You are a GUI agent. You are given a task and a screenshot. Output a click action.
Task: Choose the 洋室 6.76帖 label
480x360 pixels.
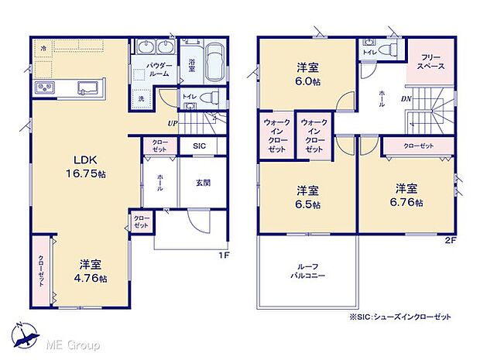pyautogui.click(x=406, y=194)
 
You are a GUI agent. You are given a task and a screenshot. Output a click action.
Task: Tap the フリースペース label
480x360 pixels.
pyautogui.click(x=431, y=62)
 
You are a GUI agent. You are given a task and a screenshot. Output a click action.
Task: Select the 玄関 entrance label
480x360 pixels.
pyautogui.click(x=203, y=183)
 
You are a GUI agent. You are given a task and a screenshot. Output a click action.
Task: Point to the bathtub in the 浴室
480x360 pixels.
pyautogui.click(x=215, y=60)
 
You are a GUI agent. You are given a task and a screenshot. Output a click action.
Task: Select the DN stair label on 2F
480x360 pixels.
pyautogui.click(x=406, y=98)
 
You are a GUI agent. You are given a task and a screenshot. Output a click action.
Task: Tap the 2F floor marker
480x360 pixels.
pyautogui.click(x=451, y=239)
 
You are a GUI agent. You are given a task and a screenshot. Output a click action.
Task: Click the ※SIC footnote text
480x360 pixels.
pyautogui.click(x=400, y=317)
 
